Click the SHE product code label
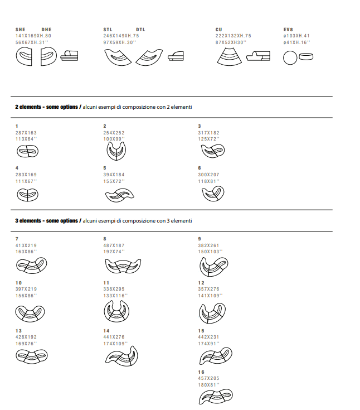[x=20, y=29]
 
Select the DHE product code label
[x=46, y=29]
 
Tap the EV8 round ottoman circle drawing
[x=290, y=57]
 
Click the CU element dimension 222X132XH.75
[x=233, y=36]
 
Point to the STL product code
[x=108, y=29]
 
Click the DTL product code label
[x=140, y=29]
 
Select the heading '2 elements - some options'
[x=47, y=107]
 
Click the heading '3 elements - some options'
[x=47, y=221]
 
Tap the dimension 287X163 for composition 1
[x=26, y=133]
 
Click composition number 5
[x=105, y=168]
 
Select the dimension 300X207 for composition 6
[x=208, y=175]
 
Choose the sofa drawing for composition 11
[x=116, y=310]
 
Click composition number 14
[x=106, y=331]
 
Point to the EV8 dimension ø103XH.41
[x=296, y=36]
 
